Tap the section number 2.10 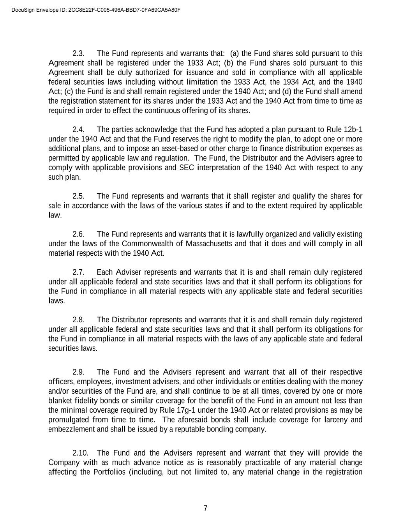click(80, 453)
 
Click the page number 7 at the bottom click(205, 508)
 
